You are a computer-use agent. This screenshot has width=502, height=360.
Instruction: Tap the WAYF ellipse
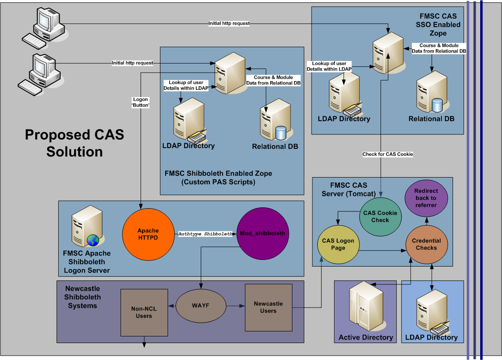[201, 307]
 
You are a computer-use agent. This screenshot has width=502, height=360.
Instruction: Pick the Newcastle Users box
[268, 307]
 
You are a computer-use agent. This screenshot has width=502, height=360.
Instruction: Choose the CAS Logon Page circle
[338, 244]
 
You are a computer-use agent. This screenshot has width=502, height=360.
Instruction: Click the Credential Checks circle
[426, 244]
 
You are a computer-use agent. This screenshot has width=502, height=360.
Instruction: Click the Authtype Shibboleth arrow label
[205, 234]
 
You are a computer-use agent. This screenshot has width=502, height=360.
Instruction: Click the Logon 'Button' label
[141, 102]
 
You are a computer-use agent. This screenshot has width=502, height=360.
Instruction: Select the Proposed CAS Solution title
[74, 143]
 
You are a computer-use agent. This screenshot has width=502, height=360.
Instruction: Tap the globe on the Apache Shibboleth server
[93, 240]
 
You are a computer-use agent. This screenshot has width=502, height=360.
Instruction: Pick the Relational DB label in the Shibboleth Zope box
[275, 146]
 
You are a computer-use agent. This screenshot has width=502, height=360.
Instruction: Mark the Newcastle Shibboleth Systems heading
[83, 297]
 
